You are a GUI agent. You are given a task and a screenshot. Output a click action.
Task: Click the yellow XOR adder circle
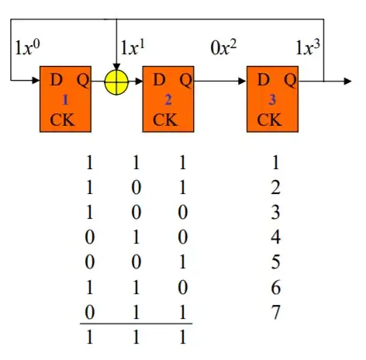pyautogui.click(x=116, y=82)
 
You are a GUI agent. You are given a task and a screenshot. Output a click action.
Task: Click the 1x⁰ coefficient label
pyautogui.click(x=27, y=47)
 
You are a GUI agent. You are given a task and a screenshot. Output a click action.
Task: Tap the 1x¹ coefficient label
pyautogui.click(x=133, y=47)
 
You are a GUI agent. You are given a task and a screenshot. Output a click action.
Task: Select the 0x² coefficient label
pyautogui.click(x=223, y=47)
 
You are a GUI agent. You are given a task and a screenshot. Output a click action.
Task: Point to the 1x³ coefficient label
pyautogui.click(x=308, y=47)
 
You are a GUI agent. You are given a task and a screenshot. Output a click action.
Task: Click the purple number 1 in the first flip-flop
pyautogui.click(x=65, y=100)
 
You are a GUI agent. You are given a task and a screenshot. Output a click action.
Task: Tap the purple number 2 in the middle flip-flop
pyautogui.click(x=168, y=100)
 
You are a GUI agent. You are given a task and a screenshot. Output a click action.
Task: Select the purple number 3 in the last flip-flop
pyautogui.click(x=272, y=100)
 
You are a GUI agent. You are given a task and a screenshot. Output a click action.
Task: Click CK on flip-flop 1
pyautogui.click(x=62, y=119)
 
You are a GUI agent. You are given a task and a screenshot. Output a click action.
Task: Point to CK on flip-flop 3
pyautogui.click(x=269, y=119)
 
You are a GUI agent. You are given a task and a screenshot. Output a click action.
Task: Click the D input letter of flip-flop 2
pyautogui.click(x=159, y=79)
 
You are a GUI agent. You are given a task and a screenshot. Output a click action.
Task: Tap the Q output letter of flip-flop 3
pyautogui.click(x=290, y=80)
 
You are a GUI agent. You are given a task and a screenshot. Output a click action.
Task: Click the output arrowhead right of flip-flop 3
pyautogui.click(x=347, y=81)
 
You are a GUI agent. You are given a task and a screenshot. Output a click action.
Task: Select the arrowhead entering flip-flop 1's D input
pyautogui.click(x=36, y=80)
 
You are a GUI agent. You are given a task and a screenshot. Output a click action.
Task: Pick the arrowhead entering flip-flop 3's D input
pyautogui.click(x=242, y=81)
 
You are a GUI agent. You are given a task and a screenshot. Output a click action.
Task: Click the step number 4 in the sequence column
pyautogui.click(x=275, y=237)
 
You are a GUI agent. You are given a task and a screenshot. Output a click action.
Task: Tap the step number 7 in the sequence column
pyautogui.click(x=275, y=312)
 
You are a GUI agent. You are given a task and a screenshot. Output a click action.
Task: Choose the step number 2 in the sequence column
pyautogui.click(x=275, y=187)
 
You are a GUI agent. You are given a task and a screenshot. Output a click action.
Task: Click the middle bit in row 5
pyautogui.click(x=136, y=261)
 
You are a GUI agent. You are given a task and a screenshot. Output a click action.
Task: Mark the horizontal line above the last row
pyautogui.click(x=136, y=324)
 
